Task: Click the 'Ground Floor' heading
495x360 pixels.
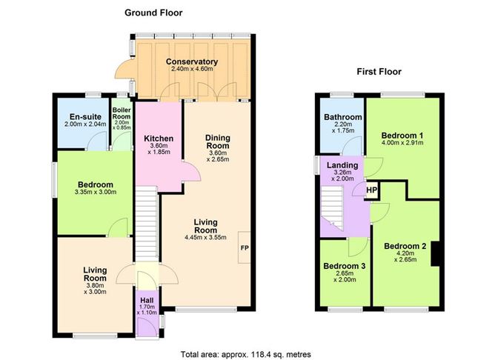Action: tap(153, 13)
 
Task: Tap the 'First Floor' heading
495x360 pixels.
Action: tap(379, 72)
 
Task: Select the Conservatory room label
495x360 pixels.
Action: tap(192, 61)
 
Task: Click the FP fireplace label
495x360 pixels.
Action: tap(245, 248)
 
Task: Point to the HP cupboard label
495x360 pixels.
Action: tap(371, 190)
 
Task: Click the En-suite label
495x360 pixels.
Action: tap(85, 116)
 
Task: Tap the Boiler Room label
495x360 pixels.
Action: tap(122, 113)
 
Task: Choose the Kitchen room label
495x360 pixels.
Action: tap(159, 139)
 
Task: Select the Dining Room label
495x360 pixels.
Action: tap(218, 141)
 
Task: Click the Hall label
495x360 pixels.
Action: tap(147, 300)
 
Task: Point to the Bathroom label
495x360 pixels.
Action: tap(343, 117)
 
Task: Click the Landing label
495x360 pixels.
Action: tap(342, 165)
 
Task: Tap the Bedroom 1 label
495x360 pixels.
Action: tap(402, 136)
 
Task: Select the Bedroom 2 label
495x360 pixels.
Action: tap(405, 246)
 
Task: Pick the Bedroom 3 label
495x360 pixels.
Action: tap(345, 266)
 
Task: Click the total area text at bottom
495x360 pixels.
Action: tap(245, 354)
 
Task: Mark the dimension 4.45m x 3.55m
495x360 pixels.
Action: tap(205, 237)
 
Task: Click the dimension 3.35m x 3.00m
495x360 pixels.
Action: tap(96, 192)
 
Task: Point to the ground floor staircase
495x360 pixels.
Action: tap(147, 224)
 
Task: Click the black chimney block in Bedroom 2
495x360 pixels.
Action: tap(436, 254)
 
